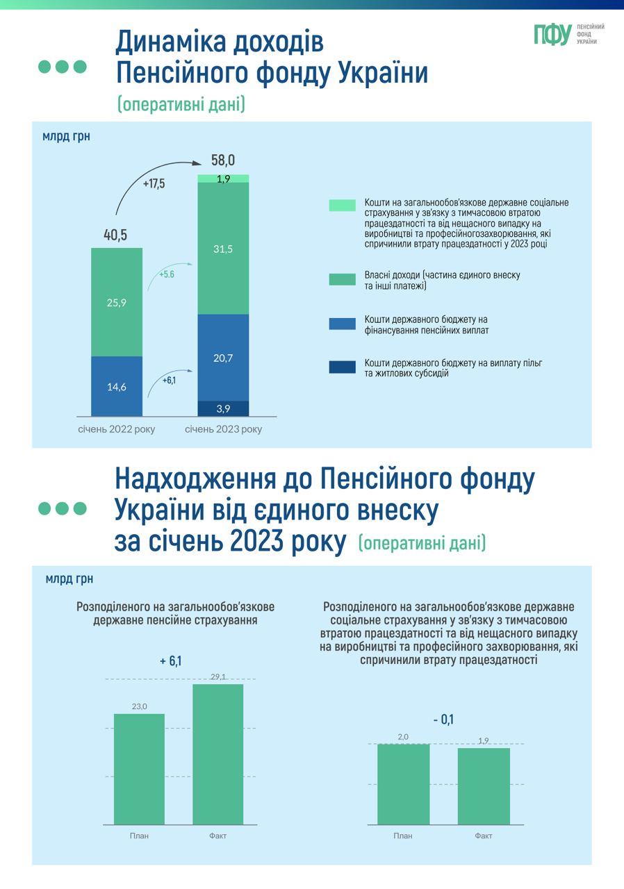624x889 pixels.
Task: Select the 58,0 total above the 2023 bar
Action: pyautogui.click(x=223, y=160)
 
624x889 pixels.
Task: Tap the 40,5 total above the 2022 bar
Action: pyautogui.click(x=115, y=235)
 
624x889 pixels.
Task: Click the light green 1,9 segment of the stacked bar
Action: pyautogui.click(x=224, y=178)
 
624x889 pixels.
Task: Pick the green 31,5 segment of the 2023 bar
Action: pyautogui.click(x=224, y=249)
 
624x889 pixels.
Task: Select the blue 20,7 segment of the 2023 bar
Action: pyautogui.click(x=224, y=358)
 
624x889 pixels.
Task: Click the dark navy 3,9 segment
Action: pyautogui.click(x=224, y=408)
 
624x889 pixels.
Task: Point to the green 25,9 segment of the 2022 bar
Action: pyautogui.click(x=117, y=302)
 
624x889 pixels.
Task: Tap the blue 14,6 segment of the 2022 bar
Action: pyautogui.click(x=117, y=386)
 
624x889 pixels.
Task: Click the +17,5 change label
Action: pyautogui.click(x=154, y=184)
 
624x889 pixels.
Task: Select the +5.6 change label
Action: pyautogui.click(x=166, y=274)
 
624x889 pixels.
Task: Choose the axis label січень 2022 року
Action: pyautogui.click(x=117, y=429)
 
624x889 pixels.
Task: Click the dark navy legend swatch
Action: pyautogui.click(x=342, y=367)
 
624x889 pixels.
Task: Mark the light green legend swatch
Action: pyautogui.click(x=342, y=205)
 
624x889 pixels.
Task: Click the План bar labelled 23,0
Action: pyautogui.click(x=139, y=769)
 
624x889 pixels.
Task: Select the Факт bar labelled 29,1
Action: pyautogui.click(x=217, y=754)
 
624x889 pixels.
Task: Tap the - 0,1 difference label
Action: pyautogui.click(x=443, y=720)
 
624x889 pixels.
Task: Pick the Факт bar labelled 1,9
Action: pyautogui.click(x=484, y=786)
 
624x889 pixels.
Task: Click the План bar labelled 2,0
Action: pyautogui.click(x=403, y=784)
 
